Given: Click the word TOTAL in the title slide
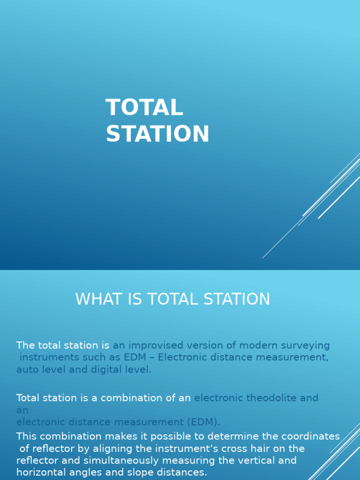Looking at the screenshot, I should coord(144,108).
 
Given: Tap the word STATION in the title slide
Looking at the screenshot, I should coord(157,134).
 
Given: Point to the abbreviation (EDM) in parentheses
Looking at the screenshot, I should coord(203,422).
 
